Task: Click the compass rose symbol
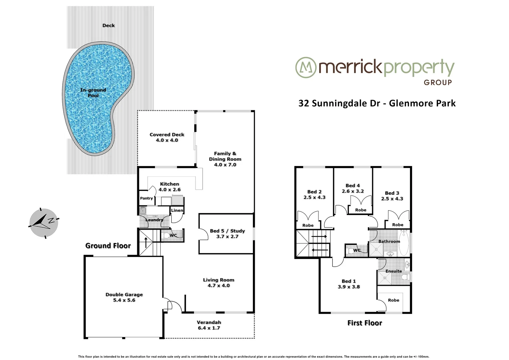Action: (x=43, y=222)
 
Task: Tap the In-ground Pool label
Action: (x=93, y=93)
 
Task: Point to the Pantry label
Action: (x=146, y=198)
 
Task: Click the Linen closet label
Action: (x=177, y=210)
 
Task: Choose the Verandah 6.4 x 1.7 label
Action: (x=209, y=325)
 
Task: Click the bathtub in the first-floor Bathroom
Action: (x=404, y=242)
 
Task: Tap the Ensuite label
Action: (x=393, y=271)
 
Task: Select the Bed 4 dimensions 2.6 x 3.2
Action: (x=353, y=191)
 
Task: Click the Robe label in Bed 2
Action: (x=308, y=225)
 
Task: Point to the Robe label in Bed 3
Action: (x=398, y=225)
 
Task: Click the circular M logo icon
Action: (x=305, y=68)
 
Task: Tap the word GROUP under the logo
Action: (x=438, y=82)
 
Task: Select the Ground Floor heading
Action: (x=108, y=246)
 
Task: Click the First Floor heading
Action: (x=364, y=323)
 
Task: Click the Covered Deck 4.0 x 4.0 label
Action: (x=167, y=137)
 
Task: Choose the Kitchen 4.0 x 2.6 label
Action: (x=170, y=187)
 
